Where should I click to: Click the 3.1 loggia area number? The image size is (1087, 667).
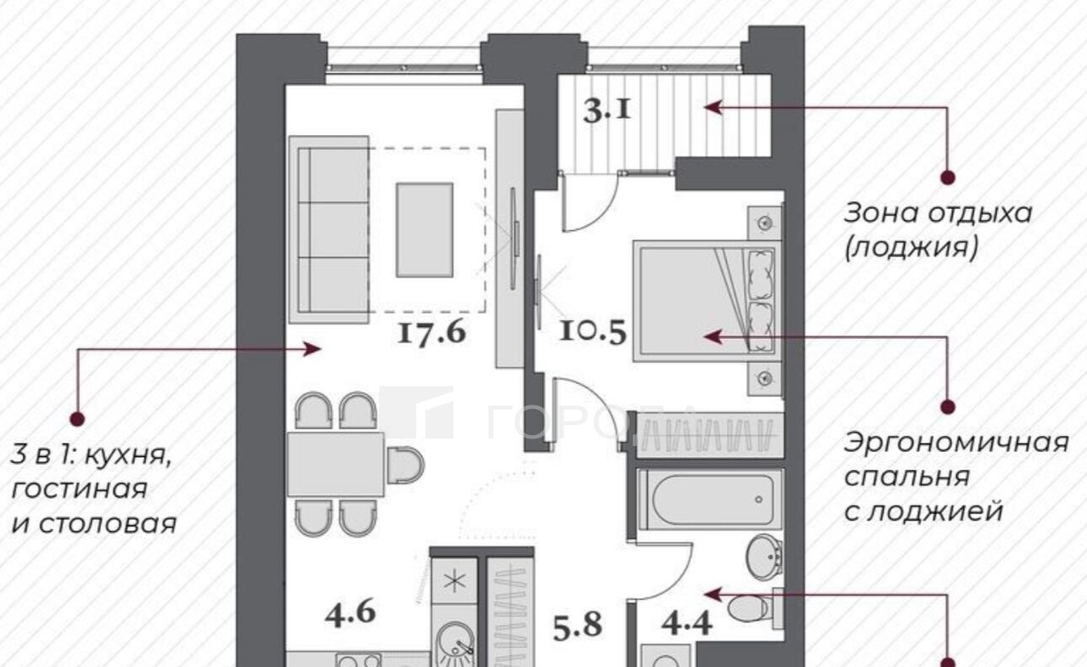pos(607,111)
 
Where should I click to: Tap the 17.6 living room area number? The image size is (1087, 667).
pos(432,333)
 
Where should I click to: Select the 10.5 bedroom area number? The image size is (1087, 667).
pos(593,332)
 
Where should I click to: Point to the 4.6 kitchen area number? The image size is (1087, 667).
pos(351,613)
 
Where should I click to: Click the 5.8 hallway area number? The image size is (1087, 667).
pos(577,625)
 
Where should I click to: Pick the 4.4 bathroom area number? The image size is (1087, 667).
pos(687,624)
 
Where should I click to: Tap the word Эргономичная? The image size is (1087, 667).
pos(956,444)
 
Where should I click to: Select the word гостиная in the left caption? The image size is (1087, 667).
pos(79,489)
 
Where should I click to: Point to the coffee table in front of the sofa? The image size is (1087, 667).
pos(425,230)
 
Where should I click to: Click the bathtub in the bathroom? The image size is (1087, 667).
pos(712,500)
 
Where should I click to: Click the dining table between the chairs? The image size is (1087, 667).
pos(335,465)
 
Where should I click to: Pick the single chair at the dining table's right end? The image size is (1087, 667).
pos(406,465)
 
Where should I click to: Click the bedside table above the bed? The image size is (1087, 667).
pos(765,223)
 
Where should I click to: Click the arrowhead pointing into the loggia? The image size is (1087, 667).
pos(712,107)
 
